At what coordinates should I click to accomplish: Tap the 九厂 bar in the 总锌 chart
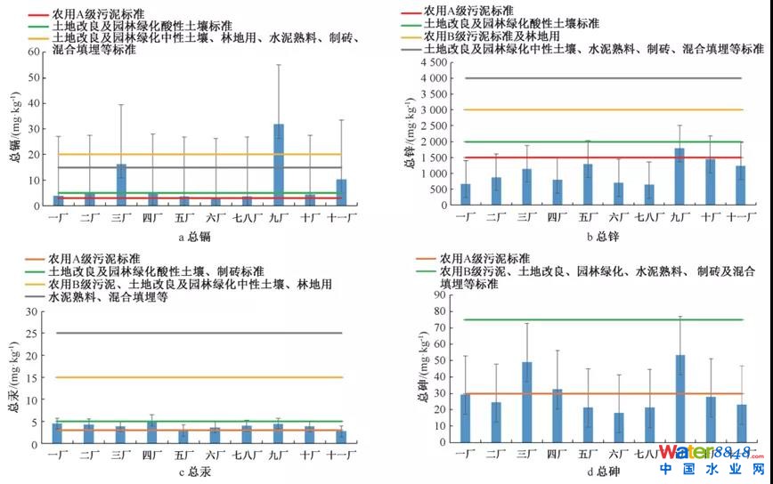pos(680,177)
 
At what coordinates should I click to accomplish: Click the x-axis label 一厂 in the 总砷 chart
pos(465,454)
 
